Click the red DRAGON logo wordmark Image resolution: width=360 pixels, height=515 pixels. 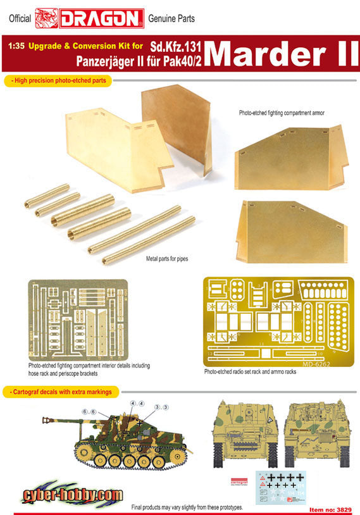pos(101,18)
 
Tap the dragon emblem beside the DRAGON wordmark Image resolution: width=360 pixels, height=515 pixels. pos(47,18)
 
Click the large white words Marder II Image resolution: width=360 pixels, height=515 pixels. pos(282,54)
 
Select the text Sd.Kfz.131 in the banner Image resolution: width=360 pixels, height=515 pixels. pos(175,47)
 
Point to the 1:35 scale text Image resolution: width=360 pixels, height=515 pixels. pos(16,46)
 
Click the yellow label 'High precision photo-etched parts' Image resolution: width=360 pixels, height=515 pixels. pos(58,80)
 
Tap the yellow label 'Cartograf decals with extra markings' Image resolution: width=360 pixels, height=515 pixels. pos(61,392)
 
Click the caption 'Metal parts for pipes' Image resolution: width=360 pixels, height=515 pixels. pos(167,259)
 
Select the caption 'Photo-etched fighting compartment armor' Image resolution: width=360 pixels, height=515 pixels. pos(282,113)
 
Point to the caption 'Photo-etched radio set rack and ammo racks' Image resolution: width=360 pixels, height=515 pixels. pos(250,371)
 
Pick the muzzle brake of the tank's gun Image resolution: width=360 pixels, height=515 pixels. pos(47,420)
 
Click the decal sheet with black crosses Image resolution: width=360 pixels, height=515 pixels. pos(280,488)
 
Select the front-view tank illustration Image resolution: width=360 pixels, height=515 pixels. pos(245,433)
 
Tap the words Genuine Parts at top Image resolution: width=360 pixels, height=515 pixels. pos(171,19)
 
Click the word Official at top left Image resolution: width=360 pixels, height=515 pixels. pos(20,19)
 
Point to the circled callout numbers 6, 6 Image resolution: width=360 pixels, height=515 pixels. pos(89,412)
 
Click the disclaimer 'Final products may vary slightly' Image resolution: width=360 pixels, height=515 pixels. pos(187,507)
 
